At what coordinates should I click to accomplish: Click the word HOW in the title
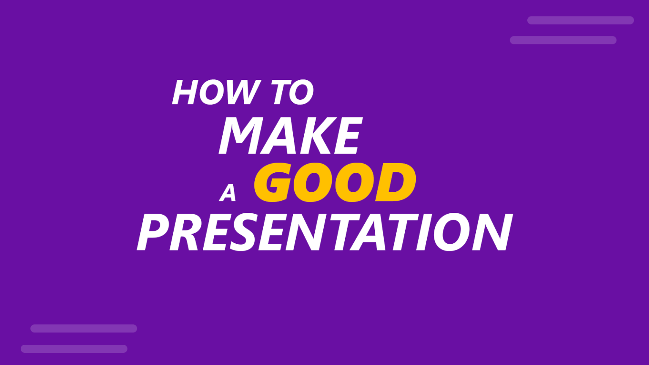(216, 93)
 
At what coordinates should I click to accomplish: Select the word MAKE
(290, 136)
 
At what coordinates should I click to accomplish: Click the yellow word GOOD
(335, 182)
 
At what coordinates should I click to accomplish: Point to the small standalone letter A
(228, 193)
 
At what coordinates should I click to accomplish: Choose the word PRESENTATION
(324, 232)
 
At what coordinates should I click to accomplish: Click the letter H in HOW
(185, 93)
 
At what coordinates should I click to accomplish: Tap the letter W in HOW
(243, 93)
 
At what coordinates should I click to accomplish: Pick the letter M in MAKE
(239, 136)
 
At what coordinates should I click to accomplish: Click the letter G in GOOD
(273, 182)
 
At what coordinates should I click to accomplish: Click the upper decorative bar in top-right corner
(580, 20)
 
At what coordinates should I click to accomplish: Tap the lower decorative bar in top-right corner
(563, 40)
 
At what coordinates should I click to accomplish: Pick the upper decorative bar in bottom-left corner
(84, 329)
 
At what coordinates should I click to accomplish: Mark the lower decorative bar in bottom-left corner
(74, 349)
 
